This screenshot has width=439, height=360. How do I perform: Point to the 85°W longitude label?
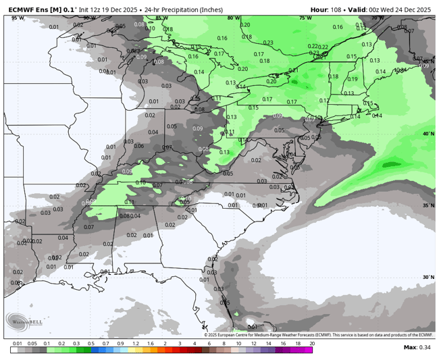click(161, 18)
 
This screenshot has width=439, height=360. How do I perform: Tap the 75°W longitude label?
click(305, 18)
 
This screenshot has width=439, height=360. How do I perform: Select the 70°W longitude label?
click(378, 18)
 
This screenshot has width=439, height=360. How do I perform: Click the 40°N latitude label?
click(428, 134)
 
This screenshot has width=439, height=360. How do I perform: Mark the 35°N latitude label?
click(428, 205)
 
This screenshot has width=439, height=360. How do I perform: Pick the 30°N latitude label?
click(428, 277)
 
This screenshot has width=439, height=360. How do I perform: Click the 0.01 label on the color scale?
click(16, 344)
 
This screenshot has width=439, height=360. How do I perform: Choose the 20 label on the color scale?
click(311, 344)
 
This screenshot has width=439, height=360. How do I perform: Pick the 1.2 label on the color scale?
click(134, 344)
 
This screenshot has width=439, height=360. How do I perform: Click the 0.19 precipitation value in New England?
click(352, 79)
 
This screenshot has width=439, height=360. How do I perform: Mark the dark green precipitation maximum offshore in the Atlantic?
click(390, 164)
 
